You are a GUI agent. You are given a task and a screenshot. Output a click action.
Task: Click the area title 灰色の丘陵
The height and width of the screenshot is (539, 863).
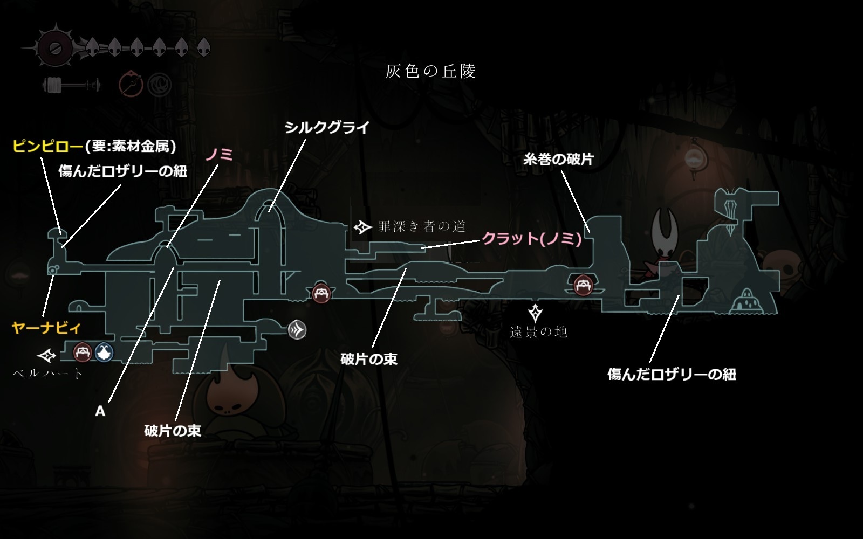(x=430, y=71)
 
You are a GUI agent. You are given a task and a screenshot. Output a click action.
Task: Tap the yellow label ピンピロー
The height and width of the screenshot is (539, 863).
(x=48, y=146)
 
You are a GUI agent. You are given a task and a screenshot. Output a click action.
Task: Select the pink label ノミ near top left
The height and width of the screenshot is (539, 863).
(x=219, y=155)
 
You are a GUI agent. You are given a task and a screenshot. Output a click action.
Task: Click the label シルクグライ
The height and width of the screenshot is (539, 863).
(x=327, y=128)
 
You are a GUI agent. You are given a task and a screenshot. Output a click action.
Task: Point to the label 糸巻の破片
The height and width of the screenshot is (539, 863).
(x=558, y=159)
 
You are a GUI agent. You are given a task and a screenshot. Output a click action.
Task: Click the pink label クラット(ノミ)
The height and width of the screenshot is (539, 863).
(x=531, y=238)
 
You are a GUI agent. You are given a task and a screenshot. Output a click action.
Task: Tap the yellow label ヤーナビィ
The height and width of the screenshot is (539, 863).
(x=46, y=328)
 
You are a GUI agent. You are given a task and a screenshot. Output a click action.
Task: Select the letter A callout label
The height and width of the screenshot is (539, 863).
(x=100, y=411)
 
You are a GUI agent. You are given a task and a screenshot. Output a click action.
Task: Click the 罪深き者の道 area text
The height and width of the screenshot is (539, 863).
(x=421, y=226)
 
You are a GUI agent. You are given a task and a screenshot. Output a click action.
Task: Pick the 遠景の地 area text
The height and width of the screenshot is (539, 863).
(x=538, y=332)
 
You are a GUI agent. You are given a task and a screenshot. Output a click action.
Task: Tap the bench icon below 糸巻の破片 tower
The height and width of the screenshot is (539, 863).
(x=583, y=284)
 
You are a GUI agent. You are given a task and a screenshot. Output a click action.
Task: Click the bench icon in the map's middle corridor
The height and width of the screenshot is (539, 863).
(x=321, y=294)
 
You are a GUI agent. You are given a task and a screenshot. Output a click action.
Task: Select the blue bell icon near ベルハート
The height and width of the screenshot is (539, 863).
(x=104, y=353)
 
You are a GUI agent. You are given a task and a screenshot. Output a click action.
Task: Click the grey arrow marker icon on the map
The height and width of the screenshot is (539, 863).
(x=297, y=329)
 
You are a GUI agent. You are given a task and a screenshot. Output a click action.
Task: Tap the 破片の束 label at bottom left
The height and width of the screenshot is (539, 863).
(x=173, y=431)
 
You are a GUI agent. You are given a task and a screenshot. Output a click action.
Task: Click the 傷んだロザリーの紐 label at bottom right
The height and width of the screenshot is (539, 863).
(x=672, y=374)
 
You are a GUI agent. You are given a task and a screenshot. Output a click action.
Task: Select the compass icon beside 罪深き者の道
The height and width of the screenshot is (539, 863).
(x=363, y=227)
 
